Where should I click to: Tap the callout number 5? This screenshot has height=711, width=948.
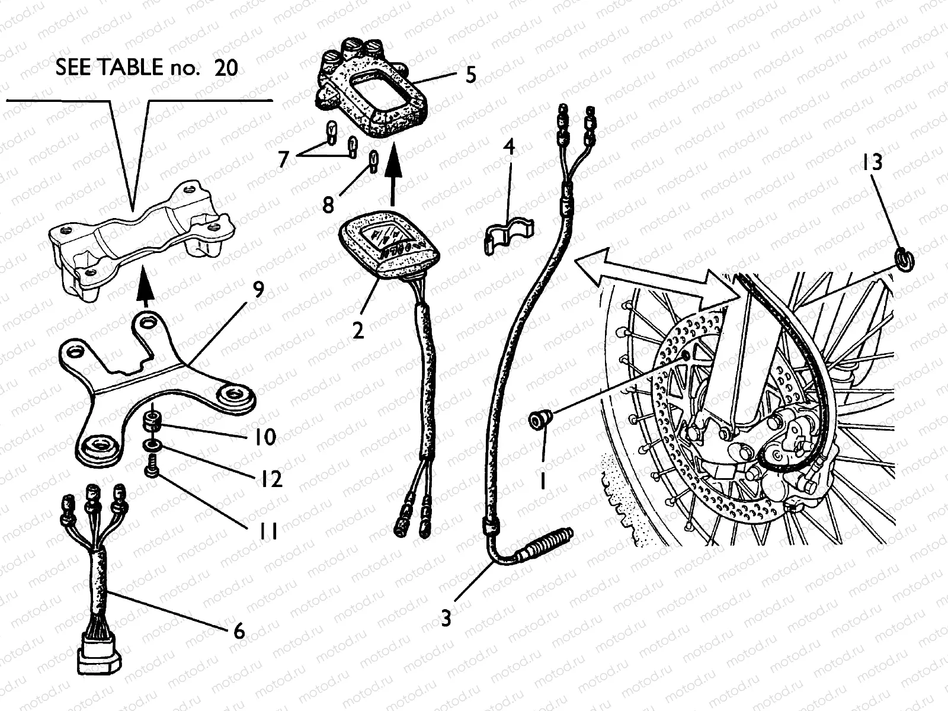coord(470,75)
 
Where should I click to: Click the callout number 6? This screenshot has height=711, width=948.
coord(239,631)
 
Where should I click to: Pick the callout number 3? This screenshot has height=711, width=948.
coord(446,619)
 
